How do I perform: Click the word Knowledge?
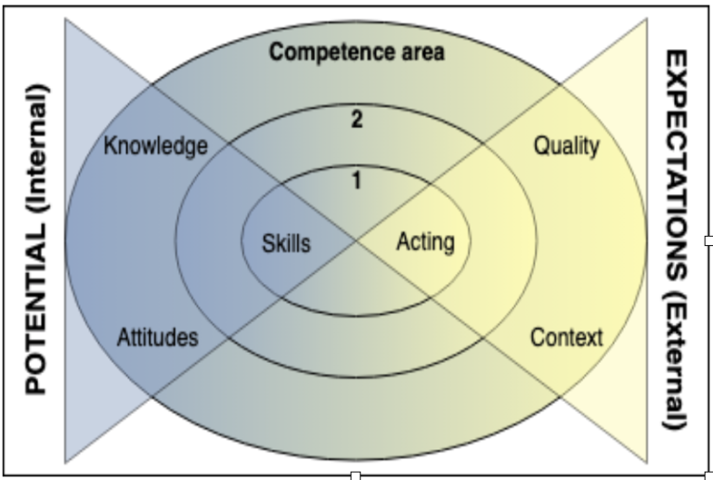click(155, 147)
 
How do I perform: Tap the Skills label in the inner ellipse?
click(287, 243)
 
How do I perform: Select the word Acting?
click(425, 242)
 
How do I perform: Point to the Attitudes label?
click(157, 337)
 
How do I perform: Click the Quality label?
click(565, 146)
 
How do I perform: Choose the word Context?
click(565, 336)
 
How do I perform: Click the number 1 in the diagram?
click(356, 181)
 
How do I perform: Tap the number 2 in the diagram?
click(356, 119)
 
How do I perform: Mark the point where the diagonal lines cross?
click(356, 241)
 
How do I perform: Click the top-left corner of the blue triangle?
click(65, 19)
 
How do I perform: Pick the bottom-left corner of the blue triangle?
click(65, 461)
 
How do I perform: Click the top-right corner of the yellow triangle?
click(647, 19)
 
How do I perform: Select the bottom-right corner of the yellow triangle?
click(647, 461)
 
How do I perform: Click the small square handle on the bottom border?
click(355, 475)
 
